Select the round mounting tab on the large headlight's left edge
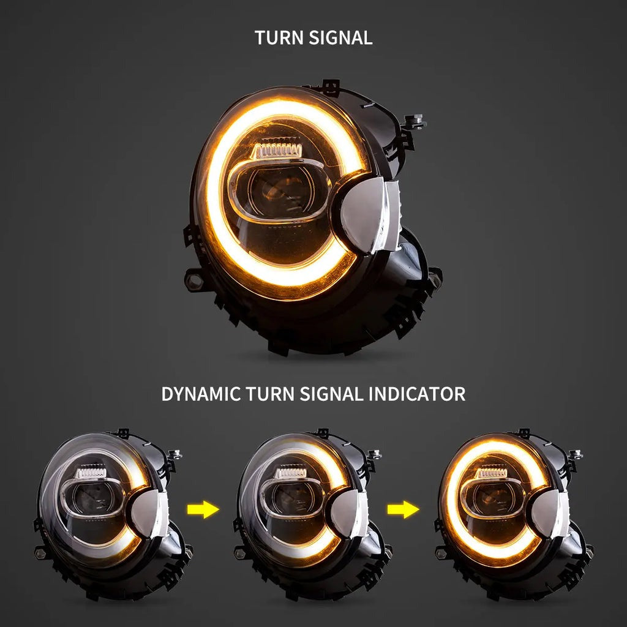pyautogui.click(x=194, y=280)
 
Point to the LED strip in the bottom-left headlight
pyautogui.click(x=90, y=471)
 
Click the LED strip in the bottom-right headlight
pyautogui.click(x=491, y=472)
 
